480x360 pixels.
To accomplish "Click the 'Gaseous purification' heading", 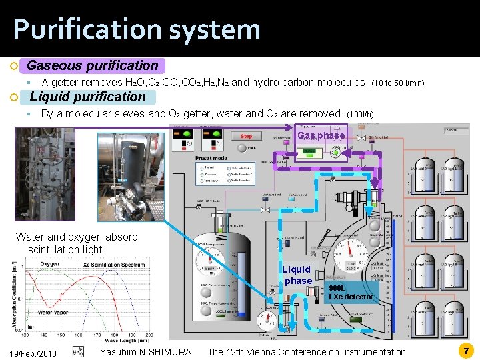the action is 93,65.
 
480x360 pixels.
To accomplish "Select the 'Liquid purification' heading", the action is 87,97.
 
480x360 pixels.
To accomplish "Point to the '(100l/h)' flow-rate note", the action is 361,115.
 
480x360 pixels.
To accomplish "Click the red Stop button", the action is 246,137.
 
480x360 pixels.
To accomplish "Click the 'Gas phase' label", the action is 321,135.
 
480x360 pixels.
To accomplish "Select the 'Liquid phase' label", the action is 297,275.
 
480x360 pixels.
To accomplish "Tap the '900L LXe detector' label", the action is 351,292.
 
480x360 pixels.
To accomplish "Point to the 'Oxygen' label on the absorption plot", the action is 49,264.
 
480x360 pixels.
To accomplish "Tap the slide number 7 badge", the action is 467,351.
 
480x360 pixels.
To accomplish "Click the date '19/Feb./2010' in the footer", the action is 33,352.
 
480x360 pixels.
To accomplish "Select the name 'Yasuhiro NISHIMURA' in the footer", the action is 145,352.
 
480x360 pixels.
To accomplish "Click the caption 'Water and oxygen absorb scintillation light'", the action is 76,243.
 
